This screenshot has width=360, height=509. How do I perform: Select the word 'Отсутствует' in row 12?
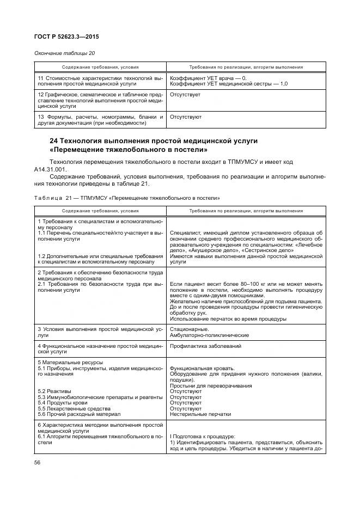(x=185, y=95)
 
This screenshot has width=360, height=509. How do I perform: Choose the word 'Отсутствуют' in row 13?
(x=186, y=117)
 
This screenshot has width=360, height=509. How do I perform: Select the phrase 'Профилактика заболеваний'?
(x=206, y=346)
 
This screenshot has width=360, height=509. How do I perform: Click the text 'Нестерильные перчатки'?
(x=200, y=414)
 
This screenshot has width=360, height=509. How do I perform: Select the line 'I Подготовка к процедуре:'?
(x=203, y=436)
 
